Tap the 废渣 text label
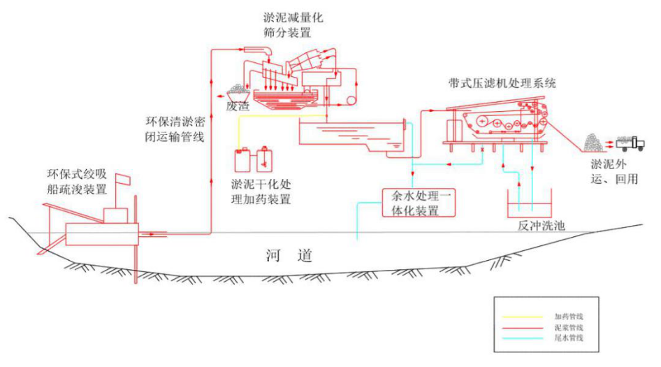tap(238, 106)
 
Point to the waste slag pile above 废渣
tap(238, 92)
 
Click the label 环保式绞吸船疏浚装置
tap(76, 181)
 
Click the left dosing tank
tap(242, 160)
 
